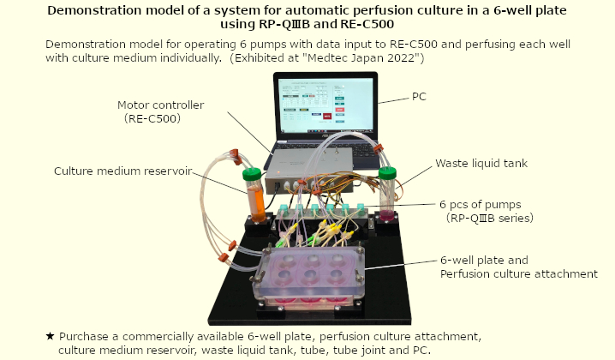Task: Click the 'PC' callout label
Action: (419, 97)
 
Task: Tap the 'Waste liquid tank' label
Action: (481, 164)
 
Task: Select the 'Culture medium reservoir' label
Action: (123, 171)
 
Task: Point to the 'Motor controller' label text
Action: (161, 105)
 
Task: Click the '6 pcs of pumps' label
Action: (480, 205)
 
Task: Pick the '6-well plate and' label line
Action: (484, 261)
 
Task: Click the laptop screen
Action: (325, 105)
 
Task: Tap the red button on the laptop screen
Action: (326, 116)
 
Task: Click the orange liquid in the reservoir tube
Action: (256, 202)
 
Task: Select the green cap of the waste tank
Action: (387, 173)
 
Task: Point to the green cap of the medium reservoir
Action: (252, 174)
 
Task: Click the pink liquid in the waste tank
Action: (387, 215)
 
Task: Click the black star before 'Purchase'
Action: (50, 336)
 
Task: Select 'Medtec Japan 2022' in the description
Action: (361, 58)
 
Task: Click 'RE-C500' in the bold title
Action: (367, 24)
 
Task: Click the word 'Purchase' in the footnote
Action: (84, 337)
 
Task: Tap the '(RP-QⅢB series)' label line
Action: (489, 218)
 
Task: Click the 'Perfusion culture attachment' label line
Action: (519, 273)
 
